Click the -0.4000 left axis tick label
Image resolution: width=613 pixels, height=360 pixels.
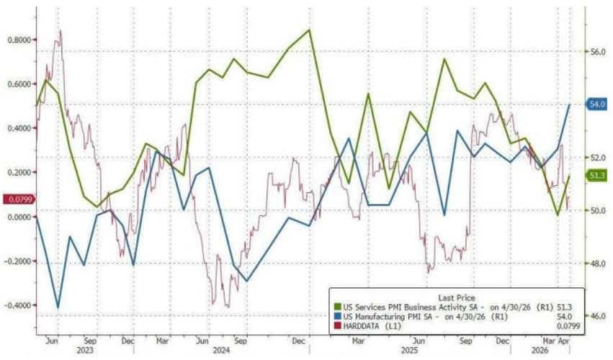(16, 305)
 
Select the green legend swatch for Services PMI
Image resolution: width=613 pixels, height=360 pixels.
(336, 307)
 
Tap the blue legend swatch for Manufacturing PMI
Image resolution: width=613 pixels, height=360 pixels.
(336, 317)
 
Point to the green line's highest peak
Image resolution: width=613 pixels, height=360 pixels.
(310, 30)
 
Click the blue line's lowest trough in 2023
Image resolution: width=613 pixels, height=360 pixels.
(58, 307)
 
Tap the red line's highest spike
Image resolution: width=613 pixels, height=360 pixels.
(60, 30)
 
